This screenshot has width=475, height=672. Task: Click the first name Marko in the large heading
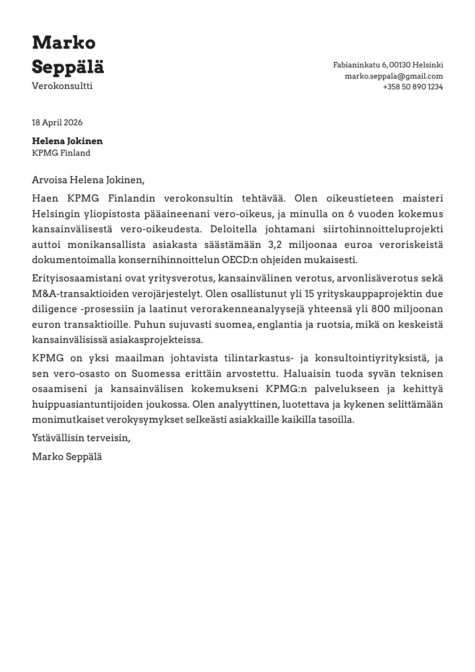tap(64, 43)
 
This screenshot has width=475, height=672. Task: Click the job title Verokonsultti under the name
tap(62, 86)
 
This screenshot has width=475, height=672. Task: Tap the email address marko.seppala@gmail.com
tap(394, 76)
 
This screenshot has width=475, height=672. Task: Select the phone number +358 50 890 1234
tap(413, 87)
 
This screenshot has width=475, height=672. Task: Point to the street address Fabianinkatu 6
tap(360, 65)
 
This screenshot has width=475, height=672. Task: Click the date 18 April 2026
tap(57, 123)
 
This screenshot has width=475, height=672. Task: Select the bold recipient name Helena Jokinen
tap(67, 141)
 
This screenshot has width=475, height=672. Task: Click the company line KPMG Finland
tap(61, 153)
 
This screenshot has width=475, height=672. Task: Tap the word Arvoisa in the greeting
tap(49, 180)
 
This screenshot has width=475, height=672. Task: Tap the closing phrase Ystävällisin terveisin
tap(81, 438)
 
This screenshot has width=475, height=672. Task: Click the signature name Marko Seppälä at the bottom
tap(67, 456)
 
